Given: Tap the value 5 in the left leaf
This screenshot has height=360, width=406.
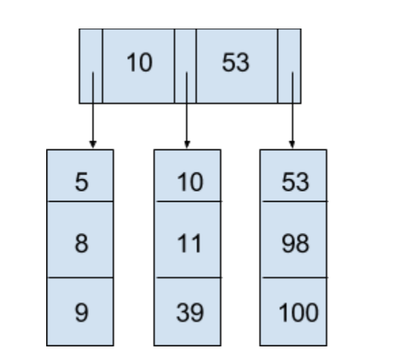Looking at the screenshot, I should coord(80,182).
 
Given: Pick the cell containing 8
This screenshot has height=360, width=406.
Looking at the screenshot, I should coord(80,242).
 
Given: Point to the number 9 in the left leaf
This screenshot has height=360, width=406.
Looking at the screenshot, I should coord(80,312).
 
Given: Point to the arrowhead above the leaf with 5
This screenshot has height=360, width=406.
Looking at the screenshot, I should coord(92,145).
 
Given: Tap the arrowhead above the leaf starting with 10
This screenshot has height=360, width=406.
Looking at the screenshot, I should coord(187,145).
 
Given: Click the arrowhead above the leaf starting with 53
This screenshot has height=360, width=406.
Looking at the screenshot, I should coord(292,145).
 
